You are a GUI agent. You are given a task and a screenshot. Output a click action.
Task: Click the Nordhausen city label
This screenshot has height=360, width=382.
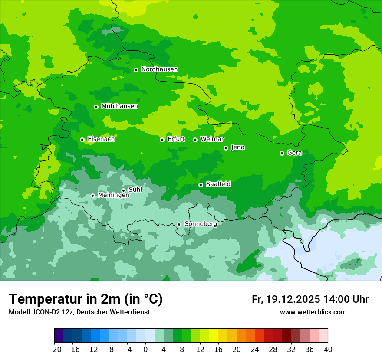tap(159, 69)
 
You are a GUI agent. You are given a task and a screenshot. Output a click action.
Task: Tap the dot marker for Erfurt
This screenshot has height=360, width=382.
tap(162, 140)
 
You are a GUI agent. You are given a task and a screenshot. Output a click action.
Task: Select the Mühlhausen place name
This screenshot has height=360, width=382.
tap(119, 106)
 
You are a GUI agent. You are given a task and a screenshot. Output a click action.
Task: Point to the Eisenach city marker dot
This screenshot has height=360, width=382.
tap(82, 140)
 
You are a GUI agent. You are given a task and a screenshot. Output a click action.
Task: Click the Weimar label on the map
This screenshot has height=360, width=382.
tap(212, 139)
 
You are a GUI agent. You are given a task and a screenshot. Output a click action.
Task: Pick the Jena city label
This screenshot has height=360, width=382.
tap(237, 147)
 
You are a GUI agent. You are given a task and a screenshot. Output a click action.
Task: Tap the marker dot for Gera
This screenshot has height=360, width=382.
tap(282, 153)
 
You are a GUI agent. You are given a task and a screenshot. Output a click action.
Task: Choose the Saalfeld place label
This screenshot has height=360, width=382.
tap(218, 184)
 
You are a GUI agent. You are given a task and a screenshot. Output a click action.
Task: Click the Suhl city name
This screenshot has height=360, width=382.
tap(135, 190)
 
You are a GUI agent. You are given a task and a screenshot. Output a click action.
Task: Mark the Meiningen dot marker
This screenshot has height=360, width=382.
tap(92, 196)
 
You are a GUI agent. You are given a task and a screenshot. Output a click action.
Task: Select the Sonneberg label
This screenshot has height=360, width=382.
tap(201, 224)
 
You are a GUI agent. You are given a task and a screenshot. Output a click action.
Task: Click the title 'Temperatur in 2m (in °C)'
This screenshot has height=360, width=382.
tap(86, 299)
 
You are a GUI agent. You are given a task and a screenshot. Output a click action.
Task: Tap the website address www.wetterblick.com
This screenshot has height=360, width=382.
tap(313, 312)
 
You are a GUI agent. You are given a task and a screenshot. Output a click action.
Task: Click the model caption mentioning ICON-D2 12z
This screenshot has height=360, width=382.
tap(79, 312)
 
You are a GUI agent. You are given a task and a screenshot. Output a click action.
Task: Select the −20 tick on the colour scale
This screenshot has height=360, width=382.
tap(54, 350)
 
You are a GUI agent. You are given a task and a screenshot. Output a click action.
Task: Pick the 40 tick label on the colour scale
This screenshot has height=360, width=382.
tap(328, 350)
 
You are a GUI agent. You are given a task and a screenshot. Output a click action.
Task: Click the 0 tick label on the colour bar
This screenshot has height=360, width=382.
tap(145, 350)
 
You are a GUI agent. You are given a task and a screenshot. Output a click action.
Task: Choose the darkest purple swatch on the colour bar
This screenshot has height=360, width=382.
tap(59, 336)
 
